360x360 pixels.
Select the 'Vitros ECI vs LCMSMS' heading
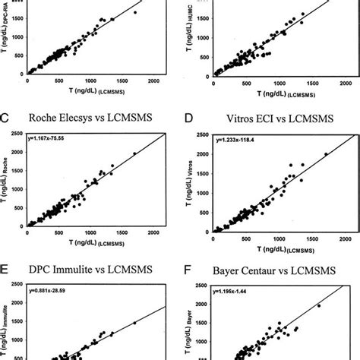[x=276, y=118]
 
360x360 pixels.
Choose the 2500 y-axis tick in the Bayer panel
[x=203, y=284]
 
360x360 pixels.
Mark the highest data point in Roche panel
[x=134, y=154]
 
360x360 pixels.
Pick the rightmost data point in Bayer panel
[x=318, y=306]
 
